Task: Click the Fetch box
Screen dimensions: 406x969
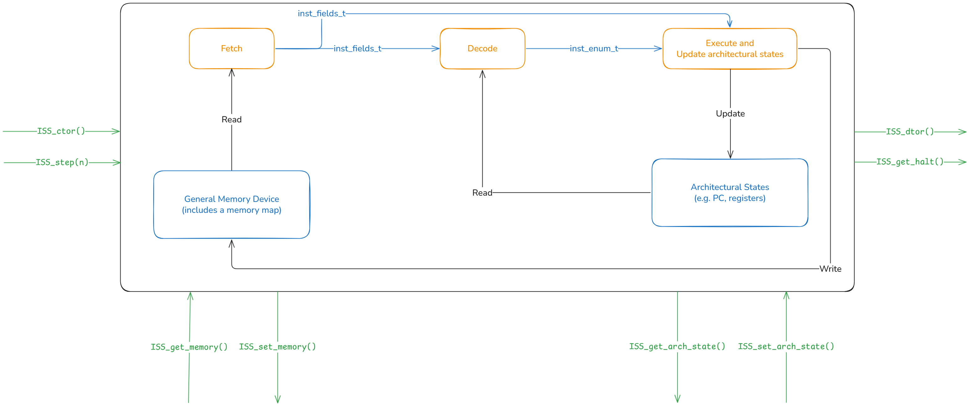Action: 231,49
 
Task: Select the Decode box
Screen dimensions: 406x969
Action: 482,49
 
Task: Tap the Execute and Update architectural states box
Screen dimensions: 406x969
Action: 729,49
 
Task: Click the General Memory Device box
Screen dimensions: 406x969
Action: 231,204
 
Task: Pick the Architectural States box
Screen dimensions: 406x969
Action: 729,193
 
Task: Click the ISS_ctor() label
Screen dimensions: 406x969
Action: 61,131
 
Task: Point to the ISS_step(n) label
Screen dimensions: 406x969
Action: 62,162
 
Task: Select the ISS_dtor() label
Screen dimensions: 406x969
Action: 909,131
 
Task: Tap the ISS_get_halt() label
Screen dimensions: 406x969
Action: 909,162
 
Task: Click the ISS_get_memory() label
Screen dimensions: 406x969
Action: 189,347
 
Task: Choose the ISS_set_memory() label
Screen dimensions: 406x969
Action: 277,347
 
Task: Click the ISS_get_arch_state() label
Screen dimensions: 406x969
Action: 677,346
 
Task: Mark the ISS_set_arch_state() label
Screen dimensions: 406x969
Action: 786,346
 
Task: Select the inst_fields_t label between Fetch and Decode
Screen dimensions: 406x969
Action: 357,49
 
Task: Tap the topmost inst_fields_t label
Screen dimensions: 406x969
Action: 322,13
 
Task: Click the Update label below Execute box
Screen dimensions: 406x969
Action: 730,114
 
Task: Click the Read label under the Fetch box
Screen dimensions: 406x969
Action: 231,120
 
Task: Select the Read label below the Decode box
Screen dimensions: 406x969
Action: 482,193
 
